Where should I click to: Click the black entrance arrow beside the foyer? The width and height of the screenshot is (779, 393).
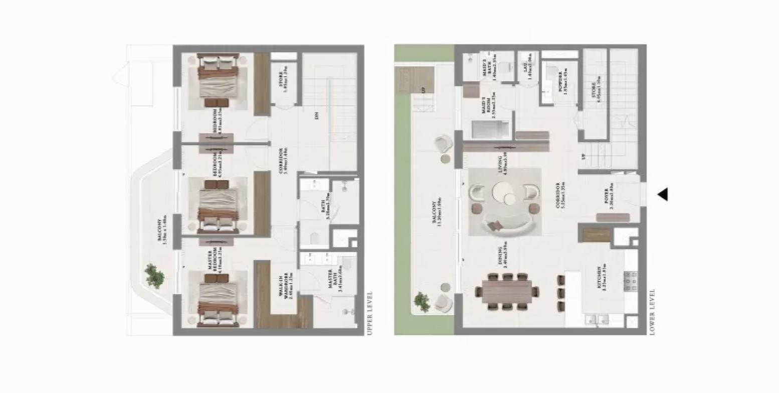pos(663,194)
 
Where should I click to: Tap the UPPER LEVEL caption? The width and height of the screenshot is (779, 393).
pos(370,313)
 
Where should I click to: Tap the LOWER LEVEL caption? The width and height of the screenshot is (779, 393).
pos(652,312)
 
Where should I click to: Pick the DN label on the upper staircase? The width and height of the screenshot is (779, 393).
pos(316,116)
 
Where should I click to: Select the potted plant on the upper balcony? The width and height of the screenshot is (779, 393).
pos(154,276)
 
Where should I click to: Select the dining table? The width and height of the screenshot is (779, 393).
pos(506,291)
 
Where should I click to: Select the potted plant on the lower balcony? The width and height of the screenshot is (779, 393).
pos(422,302)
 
